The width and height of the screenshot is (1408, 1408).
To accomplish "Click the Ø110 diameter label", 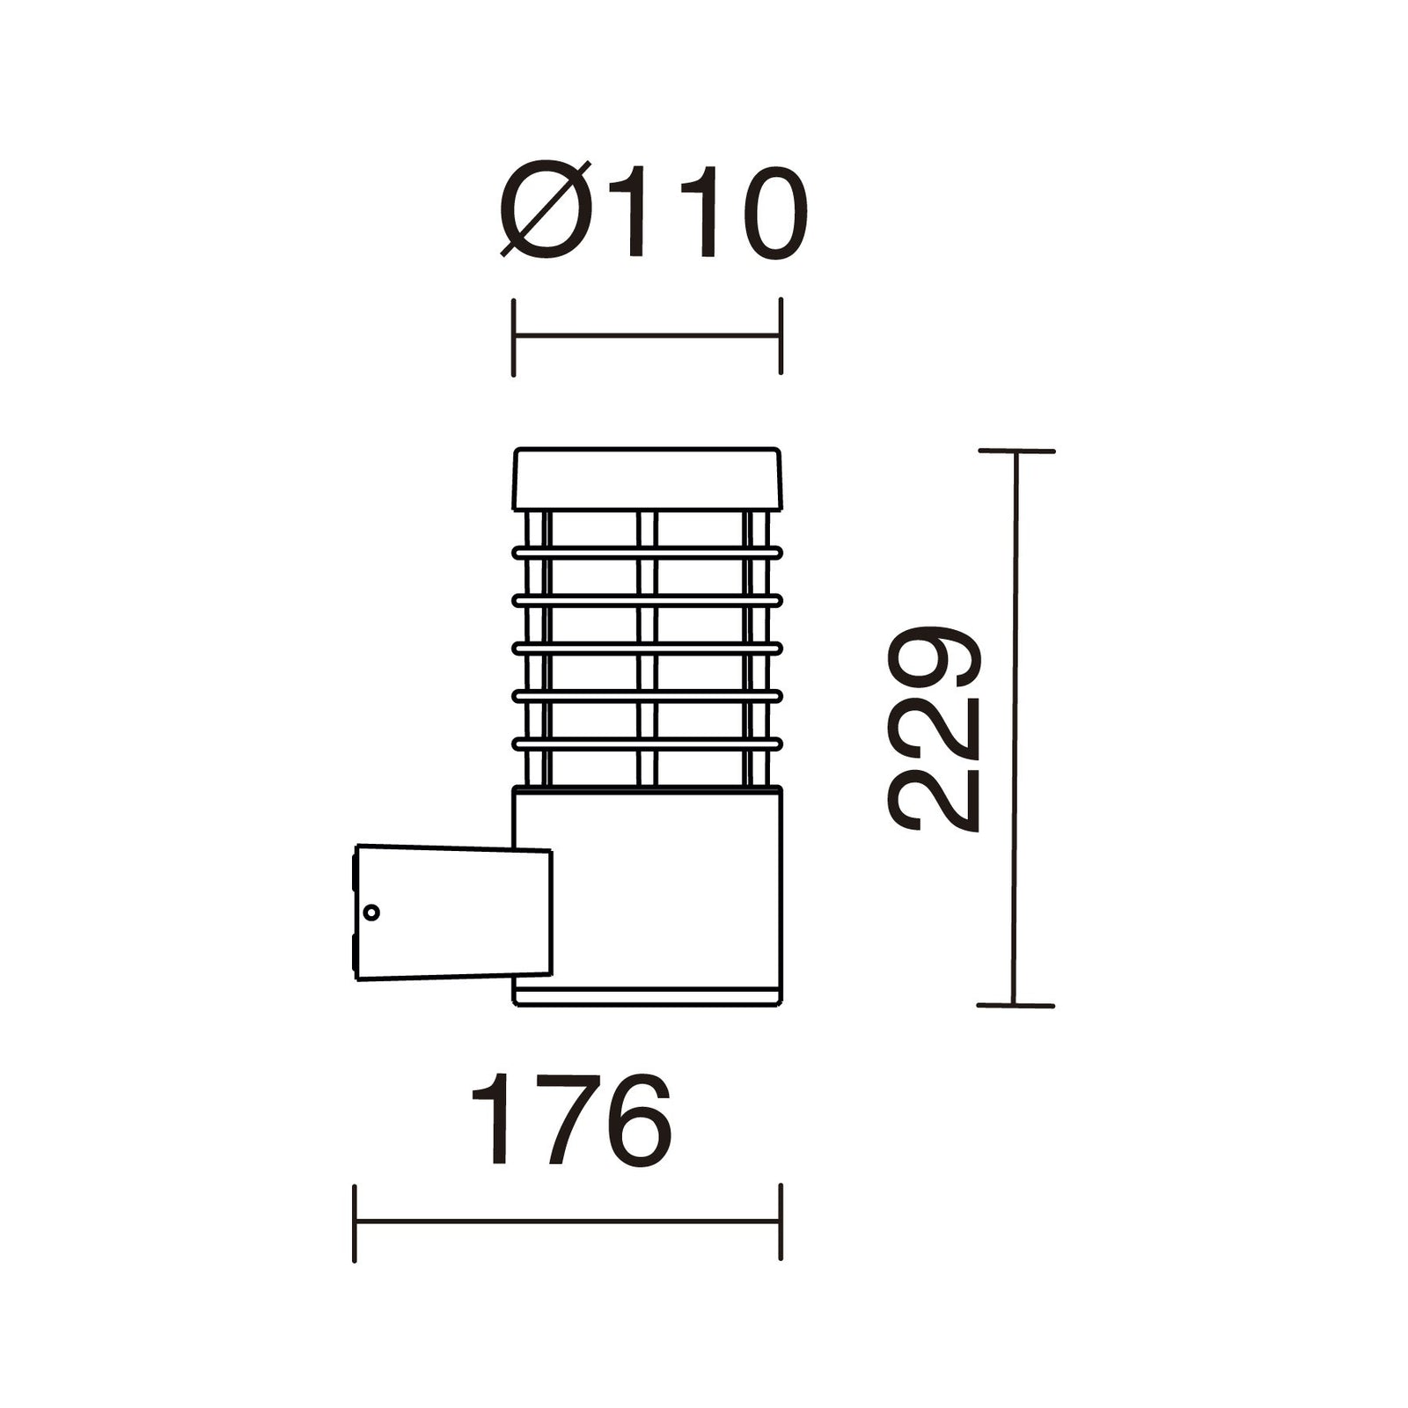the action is point(653,212).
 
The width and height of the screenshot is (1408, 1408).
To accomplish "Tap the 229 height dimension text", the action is point(934,729).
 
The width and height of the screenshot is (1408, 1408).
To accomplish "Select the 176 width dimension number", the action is point(571,1119).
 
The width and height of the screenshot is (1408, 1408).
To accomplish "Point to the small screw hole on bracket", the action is point(371,913).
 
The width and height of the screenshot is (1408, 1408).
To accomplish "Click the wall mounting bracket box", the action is point(452,913).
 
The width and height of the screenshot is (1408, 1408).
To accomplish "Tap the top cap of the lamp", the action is point(647,479).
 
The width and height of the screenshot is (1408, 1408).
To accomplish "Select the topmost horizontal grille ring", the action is point(647,553).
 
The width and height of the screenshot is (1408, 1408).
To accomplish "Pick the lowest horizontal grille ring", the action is point(647,744).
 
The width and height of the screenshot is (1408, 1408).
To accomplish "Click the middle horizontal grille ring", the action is point(647,649).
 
